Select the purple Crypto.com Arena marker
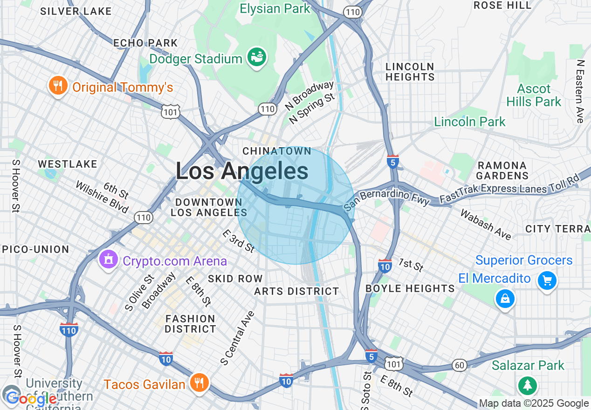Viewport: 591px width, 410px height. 109,260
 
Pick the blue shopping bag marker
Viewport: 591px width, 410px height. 505,299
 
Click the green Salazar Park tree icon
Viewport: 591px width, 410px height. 528,385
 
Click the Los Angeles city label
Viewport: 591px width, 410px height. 242,171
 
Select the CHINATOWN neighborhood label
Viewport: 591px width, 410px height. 277,151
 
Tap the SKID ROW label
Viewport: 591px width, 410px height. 235,279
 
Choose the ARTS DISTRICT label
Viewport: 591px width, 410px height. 296,291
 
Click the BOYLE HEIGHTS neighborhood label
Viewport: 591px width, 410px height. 410,288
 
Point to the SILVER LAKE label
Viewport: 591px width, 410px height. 76,11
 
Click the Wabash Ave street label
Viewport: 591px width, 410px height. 486,224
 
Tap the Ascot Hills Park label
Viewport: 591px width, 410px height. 534,95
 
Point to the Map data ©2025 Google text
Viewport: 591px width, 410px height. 534,403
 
